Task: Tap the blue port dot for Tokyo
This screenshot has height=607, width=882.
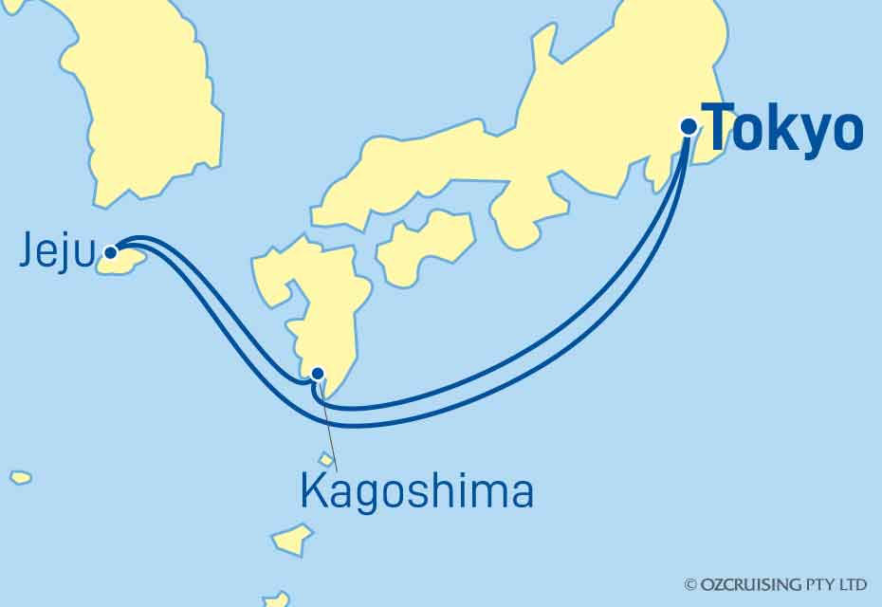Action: point(689,126)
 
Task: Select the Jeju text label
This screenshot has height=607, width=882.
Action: point(57,254)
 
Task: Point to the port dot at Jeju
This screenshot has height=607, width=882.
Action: point(111,252)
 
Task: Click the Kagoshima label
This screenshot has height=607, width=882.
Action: point(415,492)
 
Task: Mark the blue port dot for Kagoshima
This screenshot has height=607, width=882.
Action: point(319,373)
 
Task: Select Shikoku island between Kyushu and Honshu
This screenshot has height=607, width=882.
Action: point(426,245)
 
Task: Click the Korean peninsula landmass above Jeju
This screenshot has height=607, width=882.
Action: point(142,104)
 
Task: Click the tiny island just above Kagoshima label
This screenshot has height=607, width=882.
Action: point(326,460)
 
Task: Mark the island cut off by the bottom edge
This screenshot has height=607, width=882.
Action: point(276,599)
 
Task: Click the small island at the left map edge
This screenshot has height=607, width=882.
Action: point(20,477)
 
